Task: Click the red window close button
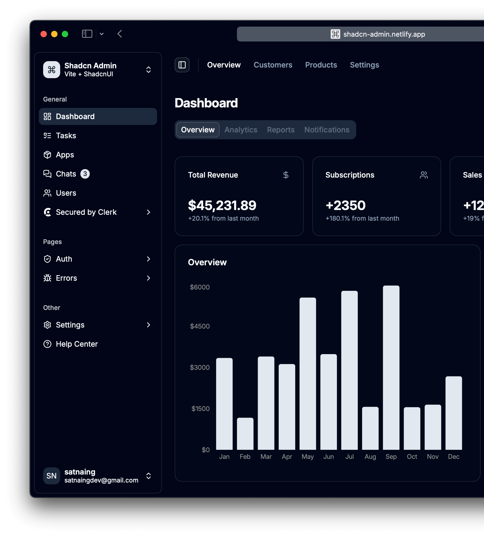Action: coord(44,34)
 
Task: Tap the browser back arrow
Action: coord(120,34)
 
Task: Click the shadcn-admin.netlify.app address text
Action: coord(384,34)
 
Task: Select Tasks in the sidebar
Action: coord(66,136)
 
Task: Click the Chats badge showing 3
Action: coord(85,174)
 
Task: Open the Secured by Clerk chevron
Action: coord(149,212)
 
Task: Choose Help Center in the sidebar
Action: coord(77,344)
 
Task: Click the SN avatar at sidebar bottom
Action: coord(51,476)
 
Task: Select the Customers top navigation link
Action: coord(273,65)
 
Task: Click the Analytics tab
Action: coord(241,130)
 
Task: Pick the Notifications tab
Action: coord(327,130)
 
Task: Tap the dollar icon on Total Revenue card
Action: coord(286,175)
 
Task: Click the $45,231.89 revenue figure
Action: coord(222,205)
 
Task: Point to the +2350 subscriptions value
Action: coord(346,205)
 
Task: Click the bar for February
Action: coord(245,433)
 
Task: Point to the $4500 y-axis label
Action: coord(200,326)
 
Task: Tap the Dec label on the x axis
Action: coord(453,457)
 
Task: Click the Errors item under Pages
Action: coord(66,278)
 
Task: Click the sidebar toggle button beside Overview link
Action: coord(182,65)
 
